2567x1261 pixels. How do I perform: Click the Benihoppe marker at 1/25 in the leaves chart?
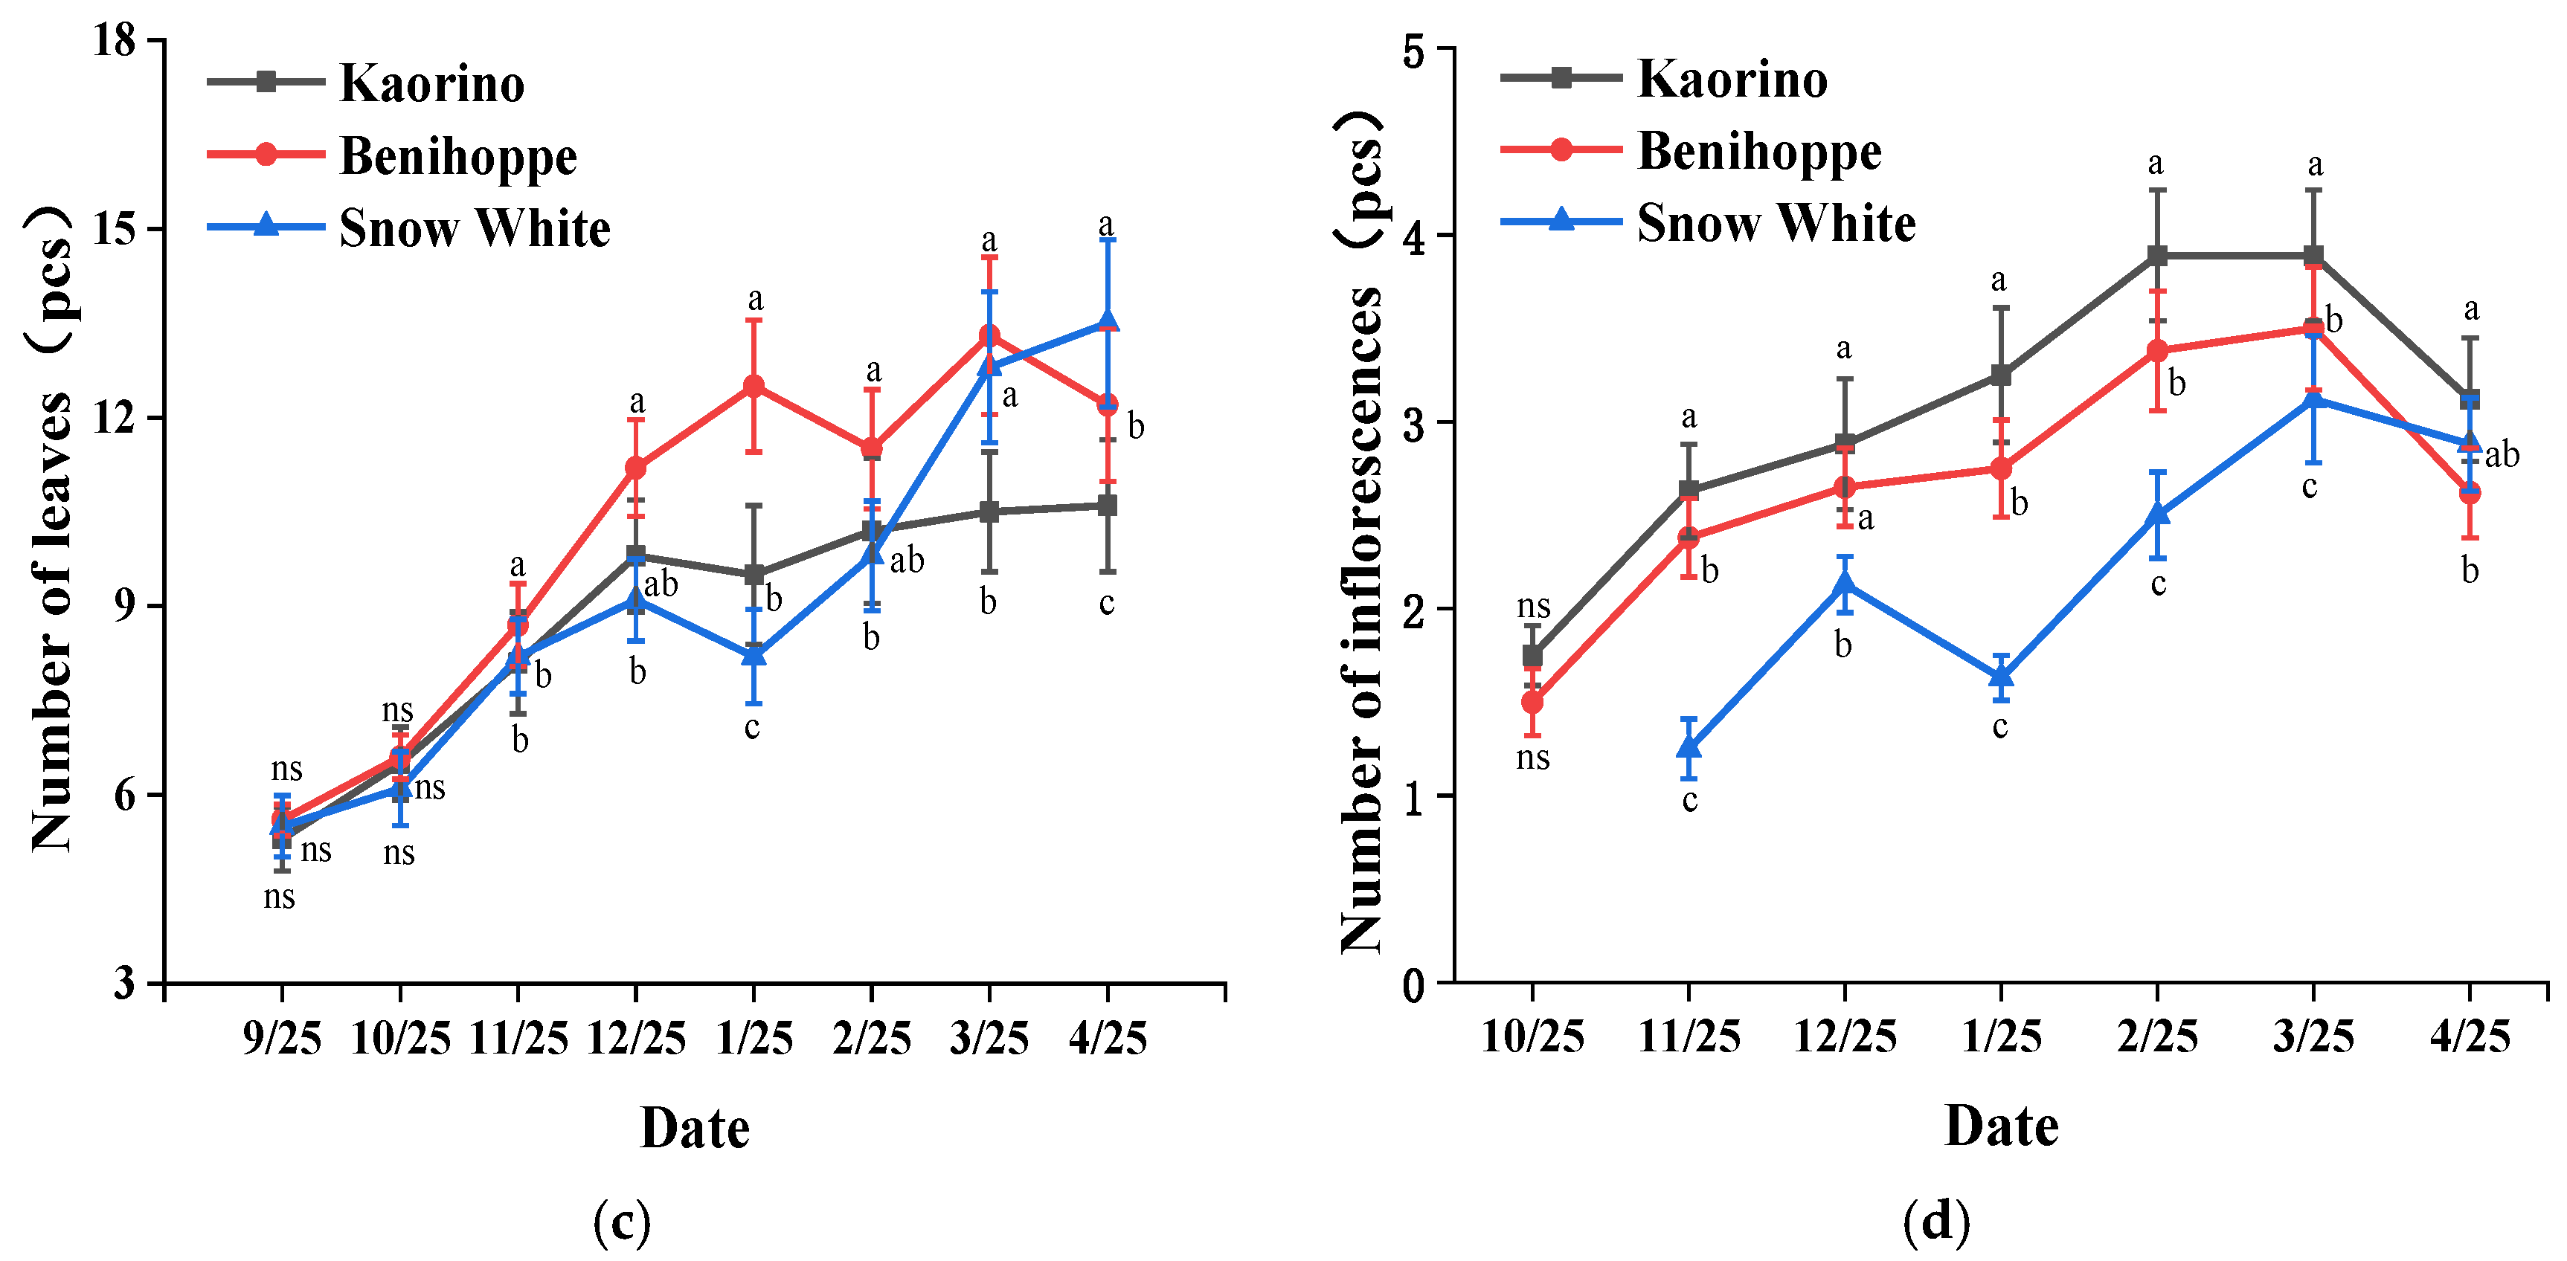tap(754, 385)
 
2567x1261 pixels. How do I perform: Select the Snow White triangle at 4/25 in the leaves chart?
tap(1107, 322)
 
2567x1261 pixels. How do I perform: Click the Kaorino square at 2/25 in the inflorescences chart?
tap(2157, 256)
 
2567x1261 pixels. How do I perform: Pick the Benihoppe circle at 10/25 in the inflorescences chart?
tap(1532, 702)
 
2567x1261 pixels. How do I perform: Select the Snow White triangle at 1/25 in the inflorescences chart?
tap(2001, 677)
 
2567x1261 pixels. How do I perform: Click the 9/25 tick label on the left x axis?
tap(282, 1039)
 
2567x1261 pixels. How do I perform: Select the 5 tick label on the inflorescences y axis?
tap(1414, 50)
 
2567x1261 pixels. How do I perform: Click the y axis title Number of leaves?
tap(52, 528)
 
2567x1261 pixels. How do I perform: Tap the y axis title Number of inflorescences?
tap(1361, 533)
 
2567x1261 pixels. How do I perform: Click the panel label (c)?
tap(622, 1220)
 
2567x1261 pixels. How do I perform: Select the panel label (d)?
tap(1936, 1220)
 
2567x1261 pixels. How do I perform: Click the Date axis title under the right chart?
tap(2001, 1126)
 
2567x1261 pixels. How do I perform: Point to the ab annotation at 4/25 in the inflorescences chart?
tap(2502, 455)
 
